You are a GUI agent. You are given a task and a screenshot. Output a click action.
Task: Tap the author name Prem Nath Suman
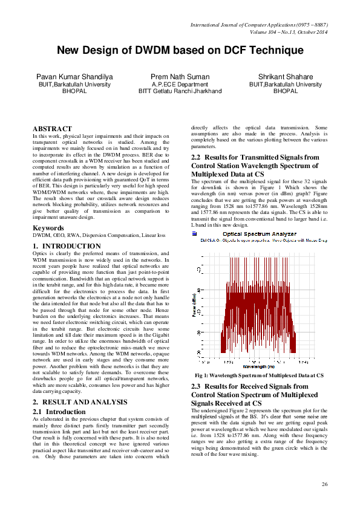(x=180, y=77)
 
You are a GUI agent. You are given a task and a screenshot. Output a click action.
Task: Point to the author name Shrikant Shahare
(x=286, y=77)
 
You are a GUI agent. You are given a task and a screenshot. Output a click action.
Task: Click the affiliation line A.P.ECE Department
(x=180, y=85)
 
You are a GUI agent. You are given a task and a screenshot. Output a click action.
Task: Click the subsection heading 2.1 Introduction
(x=59, y=412)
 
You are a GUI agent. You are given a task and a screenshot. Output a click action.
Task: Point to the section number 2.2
(x=197, y=157)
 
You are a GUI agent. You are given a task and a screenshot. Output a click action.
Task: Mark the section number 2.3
(x=197, y=386)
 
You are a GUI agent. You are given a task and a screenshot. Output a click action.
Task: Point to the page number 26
(x=324, y=484)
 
